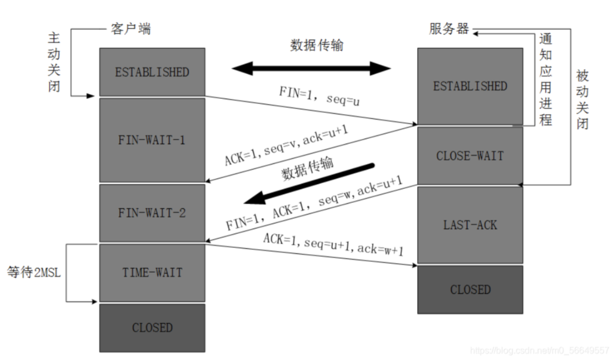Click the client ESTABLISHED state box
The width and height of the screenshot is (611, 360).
click(152, 72)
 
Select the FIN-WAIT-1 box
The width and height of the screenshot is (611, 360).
click(152, 140)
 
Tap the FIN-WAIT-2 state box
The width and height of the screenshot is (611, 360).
click(152, 213)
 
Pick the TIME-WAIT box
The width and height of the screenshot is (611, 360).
click(152, 272)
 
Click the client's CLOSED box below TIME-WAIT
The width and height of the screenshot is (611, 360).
click(152, 328)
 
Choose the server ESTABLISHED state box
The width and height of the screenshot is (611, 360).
click(470, 86)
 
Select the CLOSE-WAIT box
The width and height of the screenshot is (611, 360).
click(470, 156)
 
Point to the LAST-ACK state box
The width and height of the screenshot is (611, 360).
click(470, 225)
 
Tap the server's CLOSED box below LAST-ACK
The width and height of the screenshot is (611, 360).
click(470, 289)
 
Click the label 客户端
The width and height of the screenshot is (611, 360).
click(131, 29)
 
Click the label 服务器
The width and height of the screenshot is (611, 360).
click(449, 29)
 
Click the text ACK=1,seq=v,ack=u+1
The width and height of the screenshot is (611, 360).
click(286, 146)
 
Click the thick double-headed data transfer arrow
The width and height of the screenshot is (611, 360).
click(311, 68)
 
